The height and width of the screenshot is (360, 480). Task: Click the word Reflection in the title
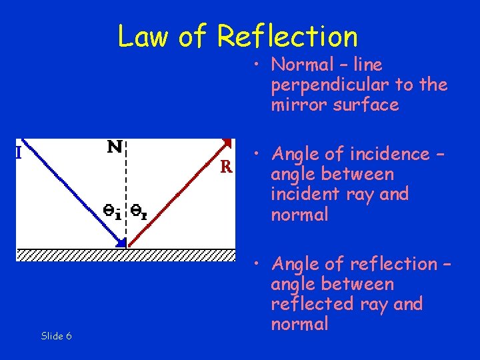pos(287,37)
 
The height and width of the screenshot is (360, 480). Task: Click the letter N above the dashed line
pos(115,147)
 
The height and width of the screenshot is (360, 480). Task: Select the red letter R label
pos(226,167)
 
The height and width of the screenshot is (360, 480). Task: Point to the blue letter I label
pos(19,153)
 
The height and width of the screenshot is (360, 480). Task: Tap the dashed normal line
pos(127,180)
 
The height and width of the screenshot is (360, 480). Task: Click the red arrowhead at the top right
pos(229,142)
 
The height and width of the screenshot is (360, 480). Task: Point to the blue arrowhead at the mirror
pos(121,242)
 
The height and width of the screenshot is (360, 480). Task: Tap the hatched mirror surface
pos(127,255)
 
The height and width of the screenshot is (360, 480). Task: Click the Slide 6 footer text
pos(56,336)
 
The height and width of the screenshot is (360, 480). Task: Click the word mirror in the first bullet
pos(293,105)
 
